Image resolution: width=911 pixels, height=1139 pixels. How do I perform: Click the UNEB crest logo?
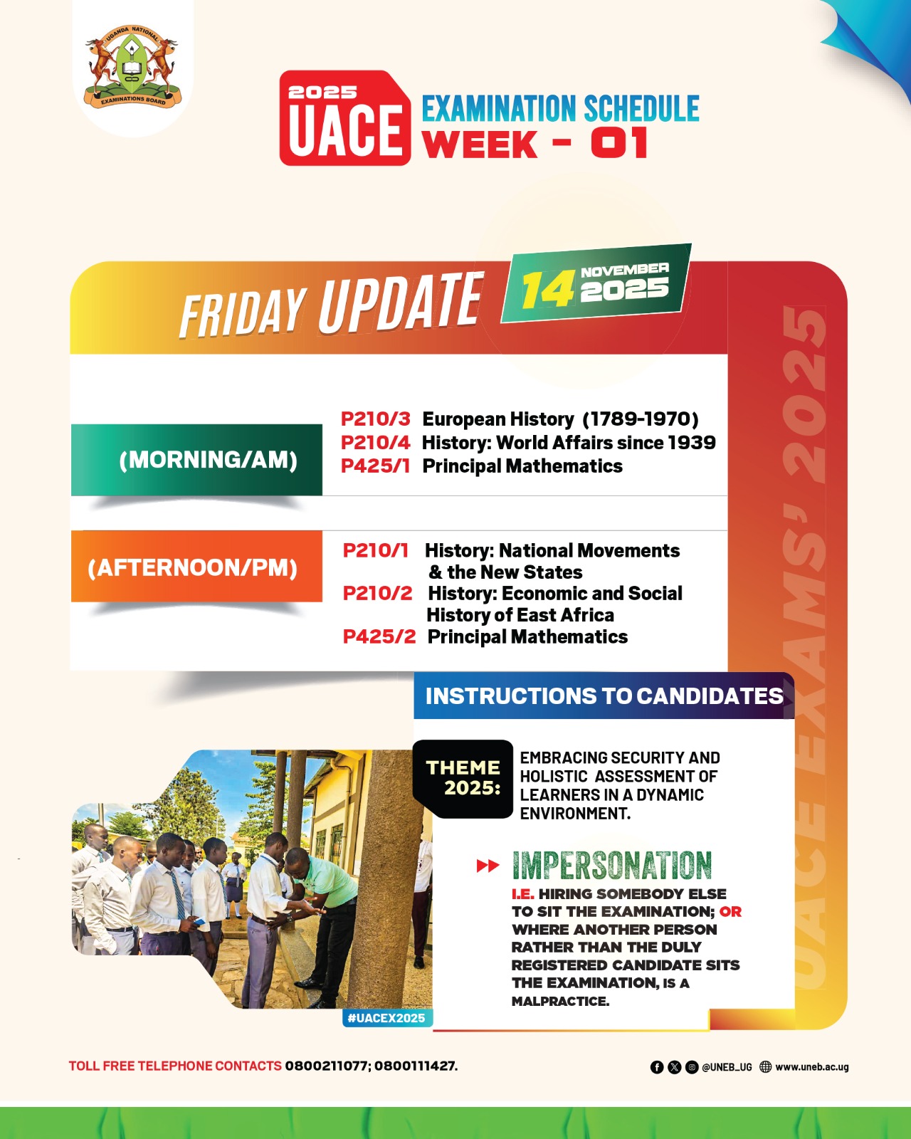pos(133,67)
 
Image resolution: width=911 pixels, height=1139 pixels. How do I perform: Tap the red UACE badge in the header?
pos(345,118)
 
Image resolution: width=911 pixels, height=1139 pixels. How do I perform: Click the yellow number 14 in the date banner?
pos(549,290)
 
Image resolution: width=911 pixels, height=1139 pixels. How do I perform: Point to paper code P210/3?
pos(375,419)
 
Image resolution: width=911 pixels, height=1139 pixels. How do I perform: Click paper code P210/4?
pos(375,443)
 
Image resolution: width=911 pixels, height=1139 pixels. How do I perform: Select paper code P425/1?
pos(375,466)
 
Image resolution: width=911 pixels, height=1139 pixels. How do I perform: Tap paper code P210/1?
pos(375,550)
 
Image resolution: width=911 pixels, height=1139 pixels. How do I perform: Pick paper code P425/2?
pos(379,636)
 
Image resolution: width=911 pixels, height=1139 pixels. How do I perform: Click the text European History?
pos(498,419)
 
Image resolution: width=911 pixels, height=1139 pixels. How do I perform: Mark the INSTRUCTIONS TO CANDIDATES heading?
pos(604,696)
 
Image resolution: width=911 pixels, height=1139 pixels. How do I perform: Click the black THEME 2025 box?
pos(463,779)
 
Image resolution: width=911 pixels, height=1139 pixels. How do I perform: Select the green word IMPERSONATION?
pos(611,866)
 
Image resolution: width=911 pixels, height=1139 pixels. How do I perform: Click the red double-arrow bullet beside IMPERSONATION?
pos(488,866)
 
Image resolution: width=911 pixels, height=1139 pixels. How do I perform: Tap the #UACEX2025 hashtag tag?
pos(387,1018)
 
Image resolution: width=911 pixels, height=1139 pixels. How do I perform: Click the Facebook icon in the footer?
pos(656,1067)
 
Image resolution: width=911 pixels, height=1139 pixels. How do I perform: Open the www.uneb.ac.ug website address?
pos(811,1067)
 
